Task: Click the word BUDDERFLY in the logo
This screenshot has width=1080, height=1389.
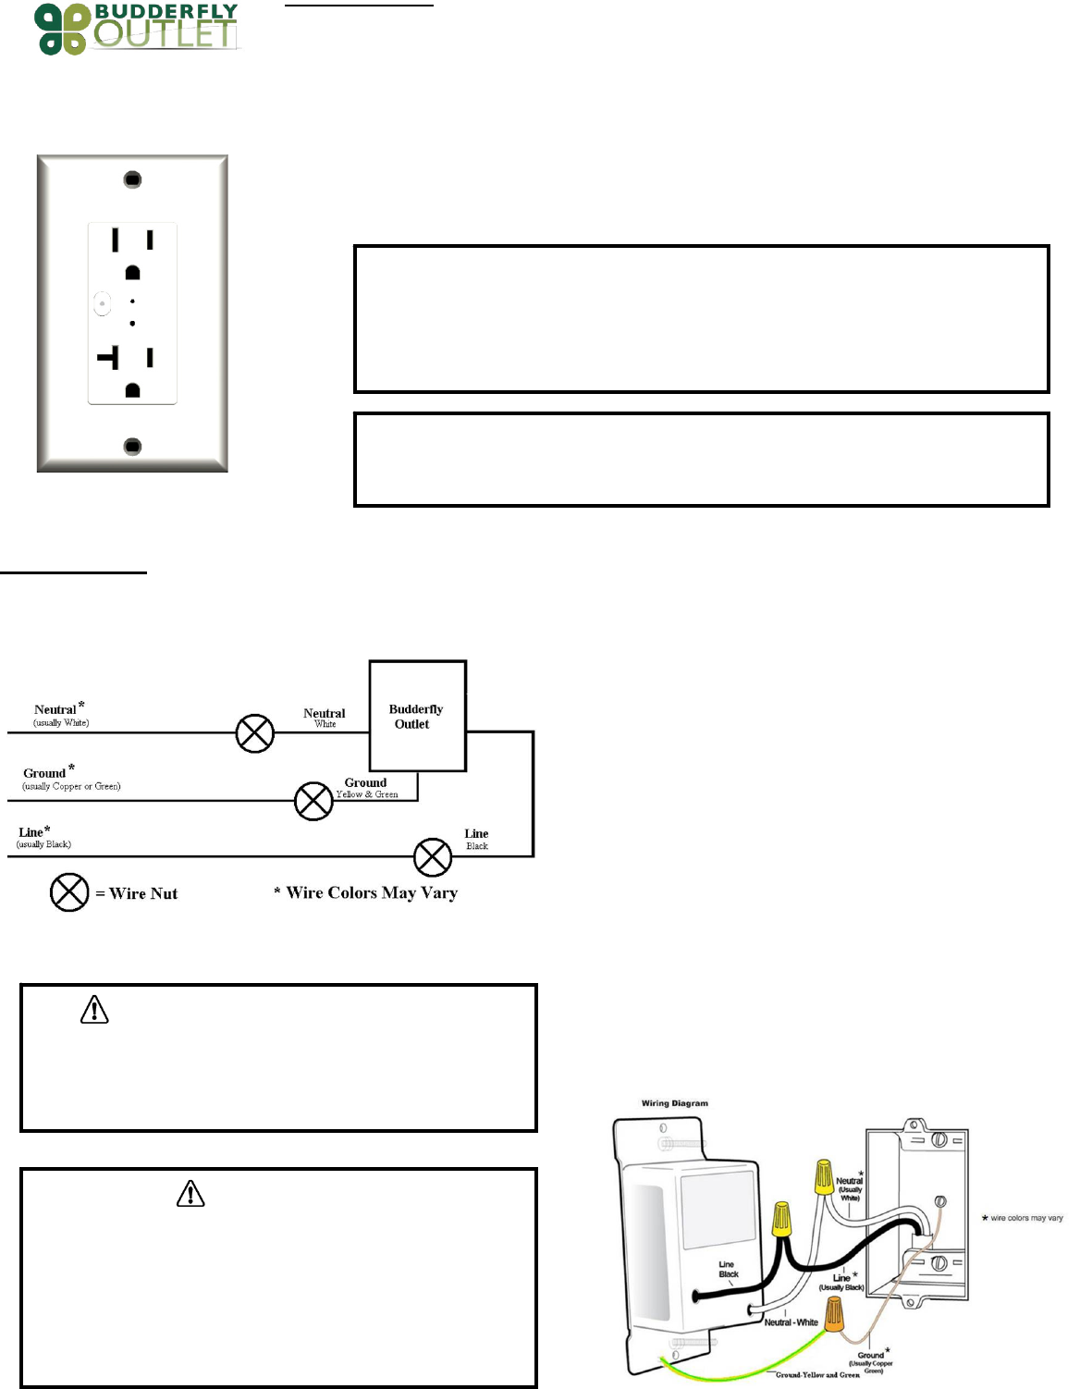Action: pos(166,12)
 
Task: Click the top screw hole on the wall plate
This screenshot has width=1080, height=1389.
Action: pos(132,179)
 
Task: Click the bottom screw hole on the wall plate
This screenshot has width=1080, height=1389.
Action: pos(132,447)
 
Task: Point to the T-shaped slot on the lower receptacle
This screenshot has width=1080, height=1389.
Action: pos(110,357)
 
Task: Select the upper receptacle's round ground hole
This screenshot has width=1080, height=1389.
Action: pos(132,273)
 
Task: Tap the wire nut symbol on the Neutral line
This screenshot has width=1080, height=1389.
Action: pos(255,733)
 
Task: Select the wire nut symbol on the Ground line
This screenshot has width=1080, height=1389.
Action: pos(313,801)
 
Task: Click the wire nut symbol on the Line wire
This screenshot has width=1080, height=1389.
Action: pos(432,857)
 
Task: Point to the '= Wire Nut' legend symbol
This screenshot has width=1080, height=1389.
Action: pos(69,892)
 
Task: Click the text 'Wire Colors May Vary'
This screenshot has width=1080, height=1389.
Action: pos(372,893)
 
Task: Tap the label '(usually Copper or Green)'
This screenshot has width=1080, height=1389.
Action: pos(72,787)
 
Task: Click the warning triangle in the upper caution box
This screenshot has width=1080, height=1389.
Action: pos(94,1010)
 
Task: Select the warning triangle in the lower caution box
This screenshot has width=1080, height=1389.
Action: pos(190,1194)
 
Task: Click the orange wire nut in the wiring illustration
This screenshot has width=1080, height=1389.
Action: pos(834,1314)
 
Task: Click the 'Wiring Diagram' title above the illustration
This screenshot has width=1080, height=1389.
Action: pos(675,1103)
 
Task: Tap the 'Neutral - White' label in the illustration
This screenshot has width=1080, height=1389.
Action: pos(791,1322)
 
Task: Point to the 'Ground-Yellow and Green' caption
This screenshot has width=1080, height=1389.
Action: pos(817,1375)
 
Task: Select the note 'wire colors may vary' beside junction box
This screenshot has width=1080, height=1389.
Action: pos(1026,1218)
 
